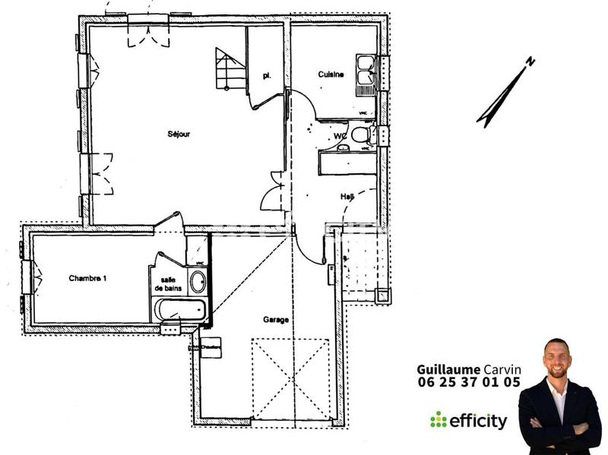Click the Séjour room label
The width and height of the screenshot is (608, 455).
click(179, 134)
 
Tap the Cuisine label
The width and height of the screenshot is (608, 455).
click(331, 74)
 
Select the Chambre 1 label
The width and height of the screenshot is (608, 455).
click(87, 279)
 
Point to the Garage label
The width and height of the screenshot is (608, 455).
click(276, 320)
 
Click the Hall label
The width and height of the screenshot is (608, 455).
click(347, 197)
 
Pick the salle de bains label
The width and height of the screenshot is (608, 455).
click(168, 284)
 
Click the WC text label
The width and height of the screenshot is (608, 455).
click(340, 137)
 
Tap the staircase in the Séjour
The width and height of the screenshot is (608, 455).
click(229, 68)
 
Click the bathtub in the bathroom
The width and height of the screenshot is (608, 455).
click(180, 310)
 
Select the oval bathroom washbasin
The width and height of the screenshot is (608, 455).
click(197, 282)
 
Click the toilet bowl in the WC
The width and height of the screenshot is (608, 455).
click(359, 135)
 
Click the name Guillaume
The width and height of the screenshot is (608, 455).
click(448, 369)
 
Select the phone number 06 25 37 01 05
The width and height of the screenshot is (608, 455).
click(469, 383)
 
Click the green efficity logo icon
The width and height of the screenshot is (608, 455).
click(438, 419)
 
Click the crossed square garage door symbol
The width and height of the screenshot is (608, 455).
click(291, 378)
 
